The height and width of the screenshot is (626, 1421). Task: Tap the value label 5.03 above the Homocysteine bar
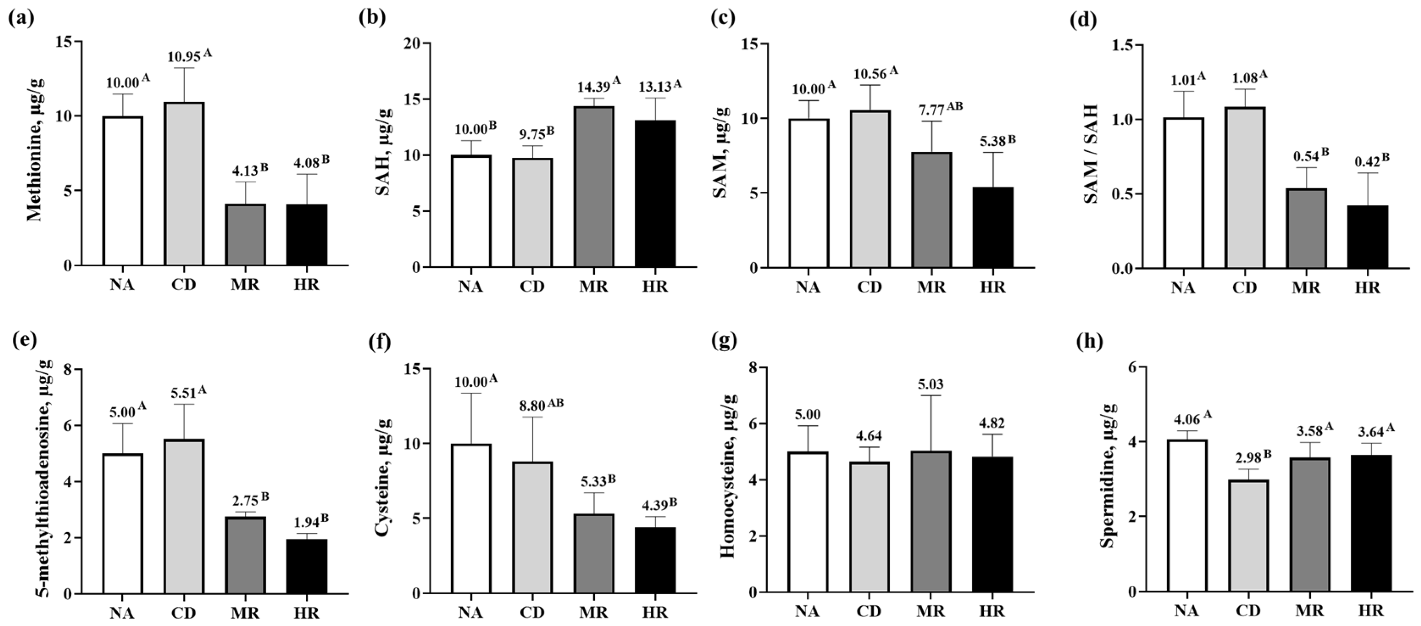pyautogui.click(x=931, y=384)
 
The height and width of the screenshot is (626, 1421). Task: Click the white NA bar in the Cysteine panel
pyautogui.click(x=471, y=519)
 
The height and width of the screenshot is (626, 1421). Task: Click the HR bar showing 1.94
pyautogui.click(x=307, y=566)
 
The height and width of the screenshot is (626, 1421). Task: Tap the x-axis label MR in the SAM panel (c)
pyautogui.click(x=931, y=287)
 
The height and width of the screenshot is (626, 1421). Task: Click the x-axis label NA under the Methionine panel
pyautogui.click(x=123, y=285)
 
